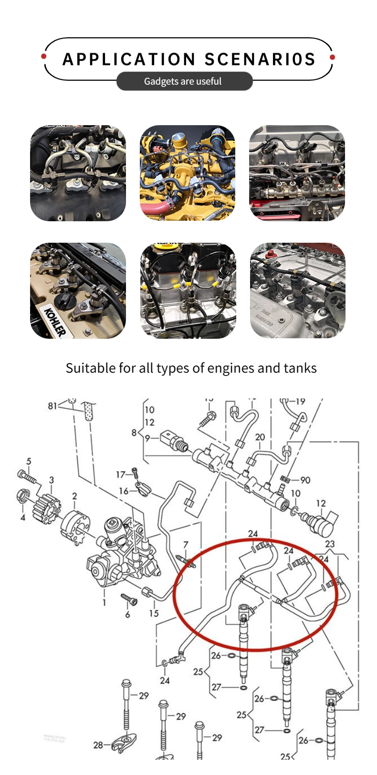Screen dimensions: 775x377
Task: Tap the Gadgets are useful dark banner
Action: (184, 81)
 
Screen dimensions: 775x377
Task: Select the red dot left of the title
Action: (44, 56)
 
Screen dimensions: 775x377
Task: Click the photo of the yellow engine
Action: (188, 173)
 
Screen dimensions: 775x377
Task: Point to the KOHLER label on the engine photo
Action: (54, 321)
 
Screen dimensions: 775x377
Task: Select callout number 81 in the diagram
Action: (52, 406)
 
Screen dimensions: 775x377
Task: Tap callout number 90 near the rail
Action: (305, 479)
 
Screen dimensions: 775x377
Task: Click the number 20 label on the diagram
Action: (260, 437)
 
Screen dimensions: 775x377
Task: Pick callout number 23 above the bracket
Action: (330, 544)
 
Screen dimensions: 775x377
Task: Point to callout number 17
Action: (120, 474)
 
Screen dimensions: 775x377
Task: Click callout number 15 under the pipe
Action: (154, 613)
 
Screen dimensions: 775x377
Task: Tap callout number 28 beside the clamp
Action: (98, 744)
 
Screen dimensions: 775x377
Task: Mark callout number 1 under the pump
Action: (104, 603)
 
